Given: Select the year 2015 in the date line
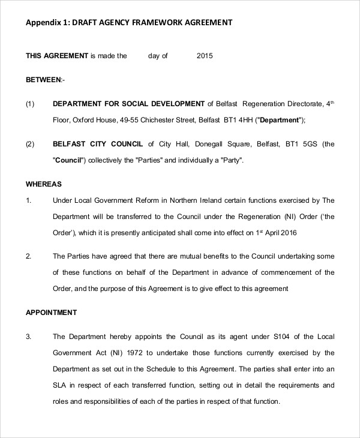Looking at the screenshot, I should (x=205, y=56).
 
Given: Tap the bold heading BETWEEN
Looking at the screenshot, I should (x=43, y=79).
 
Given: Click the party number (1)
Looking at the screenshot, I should (x=31, y=103).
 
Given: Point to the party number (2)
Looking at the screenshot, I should (x=31, y=144).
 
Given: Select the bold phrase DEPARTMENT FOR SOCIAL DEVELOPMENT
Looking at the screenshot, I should (x=129, y=103).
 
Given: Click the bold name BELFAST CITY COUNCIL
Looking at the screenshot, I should (x=98, y=144).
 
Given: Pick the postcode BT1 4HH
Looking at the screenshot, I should (x=238, y=120).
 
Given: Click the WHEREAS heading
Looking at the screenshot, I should (x=44, y=184).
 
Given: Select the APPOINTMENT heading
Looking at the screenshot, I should (x=51, y=312).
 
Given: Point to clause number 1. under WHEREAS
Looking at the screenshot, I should (x=28, y=200).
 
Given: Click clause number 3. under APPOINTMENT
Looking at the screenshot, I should (x=28, y=336).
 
